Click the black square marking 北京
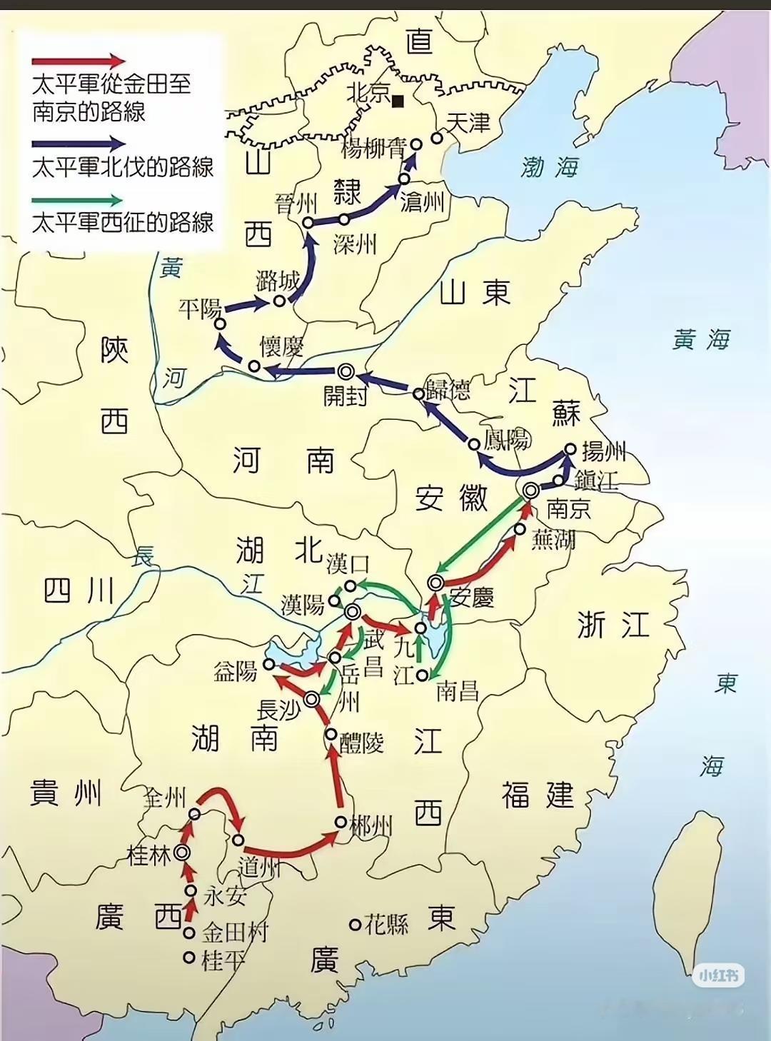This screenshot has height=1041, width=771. point(398,101)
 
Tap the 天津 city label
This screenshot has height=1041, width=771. point(468,123)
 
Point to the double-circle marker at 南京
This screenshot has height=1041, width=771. point(531,491)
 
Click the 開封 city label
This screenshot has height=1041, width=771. point(345,394)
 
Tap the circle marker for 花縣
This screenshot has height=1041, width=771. point(355,925)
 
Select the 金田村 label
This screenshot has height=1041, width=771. point(234,932)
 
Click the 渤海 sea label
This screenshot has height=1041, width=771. point(549,167)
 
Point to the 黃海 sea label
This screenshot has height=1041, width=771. point(701,339)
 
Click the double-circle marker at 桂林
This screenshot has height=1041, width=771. point(182,853)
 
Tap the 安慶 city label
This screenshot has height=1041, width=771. point(473,597)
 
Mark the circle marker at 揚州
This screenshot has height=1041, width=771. point(570,449)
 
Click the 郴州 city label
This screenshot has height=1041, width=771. point(371,826)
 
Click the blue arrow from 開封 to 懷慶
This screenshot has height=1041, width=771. point(300,371)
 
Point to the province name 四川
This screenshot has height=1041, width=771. point(79,591)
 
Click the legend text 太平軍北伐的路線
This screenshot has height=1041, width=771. point(123,167)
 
